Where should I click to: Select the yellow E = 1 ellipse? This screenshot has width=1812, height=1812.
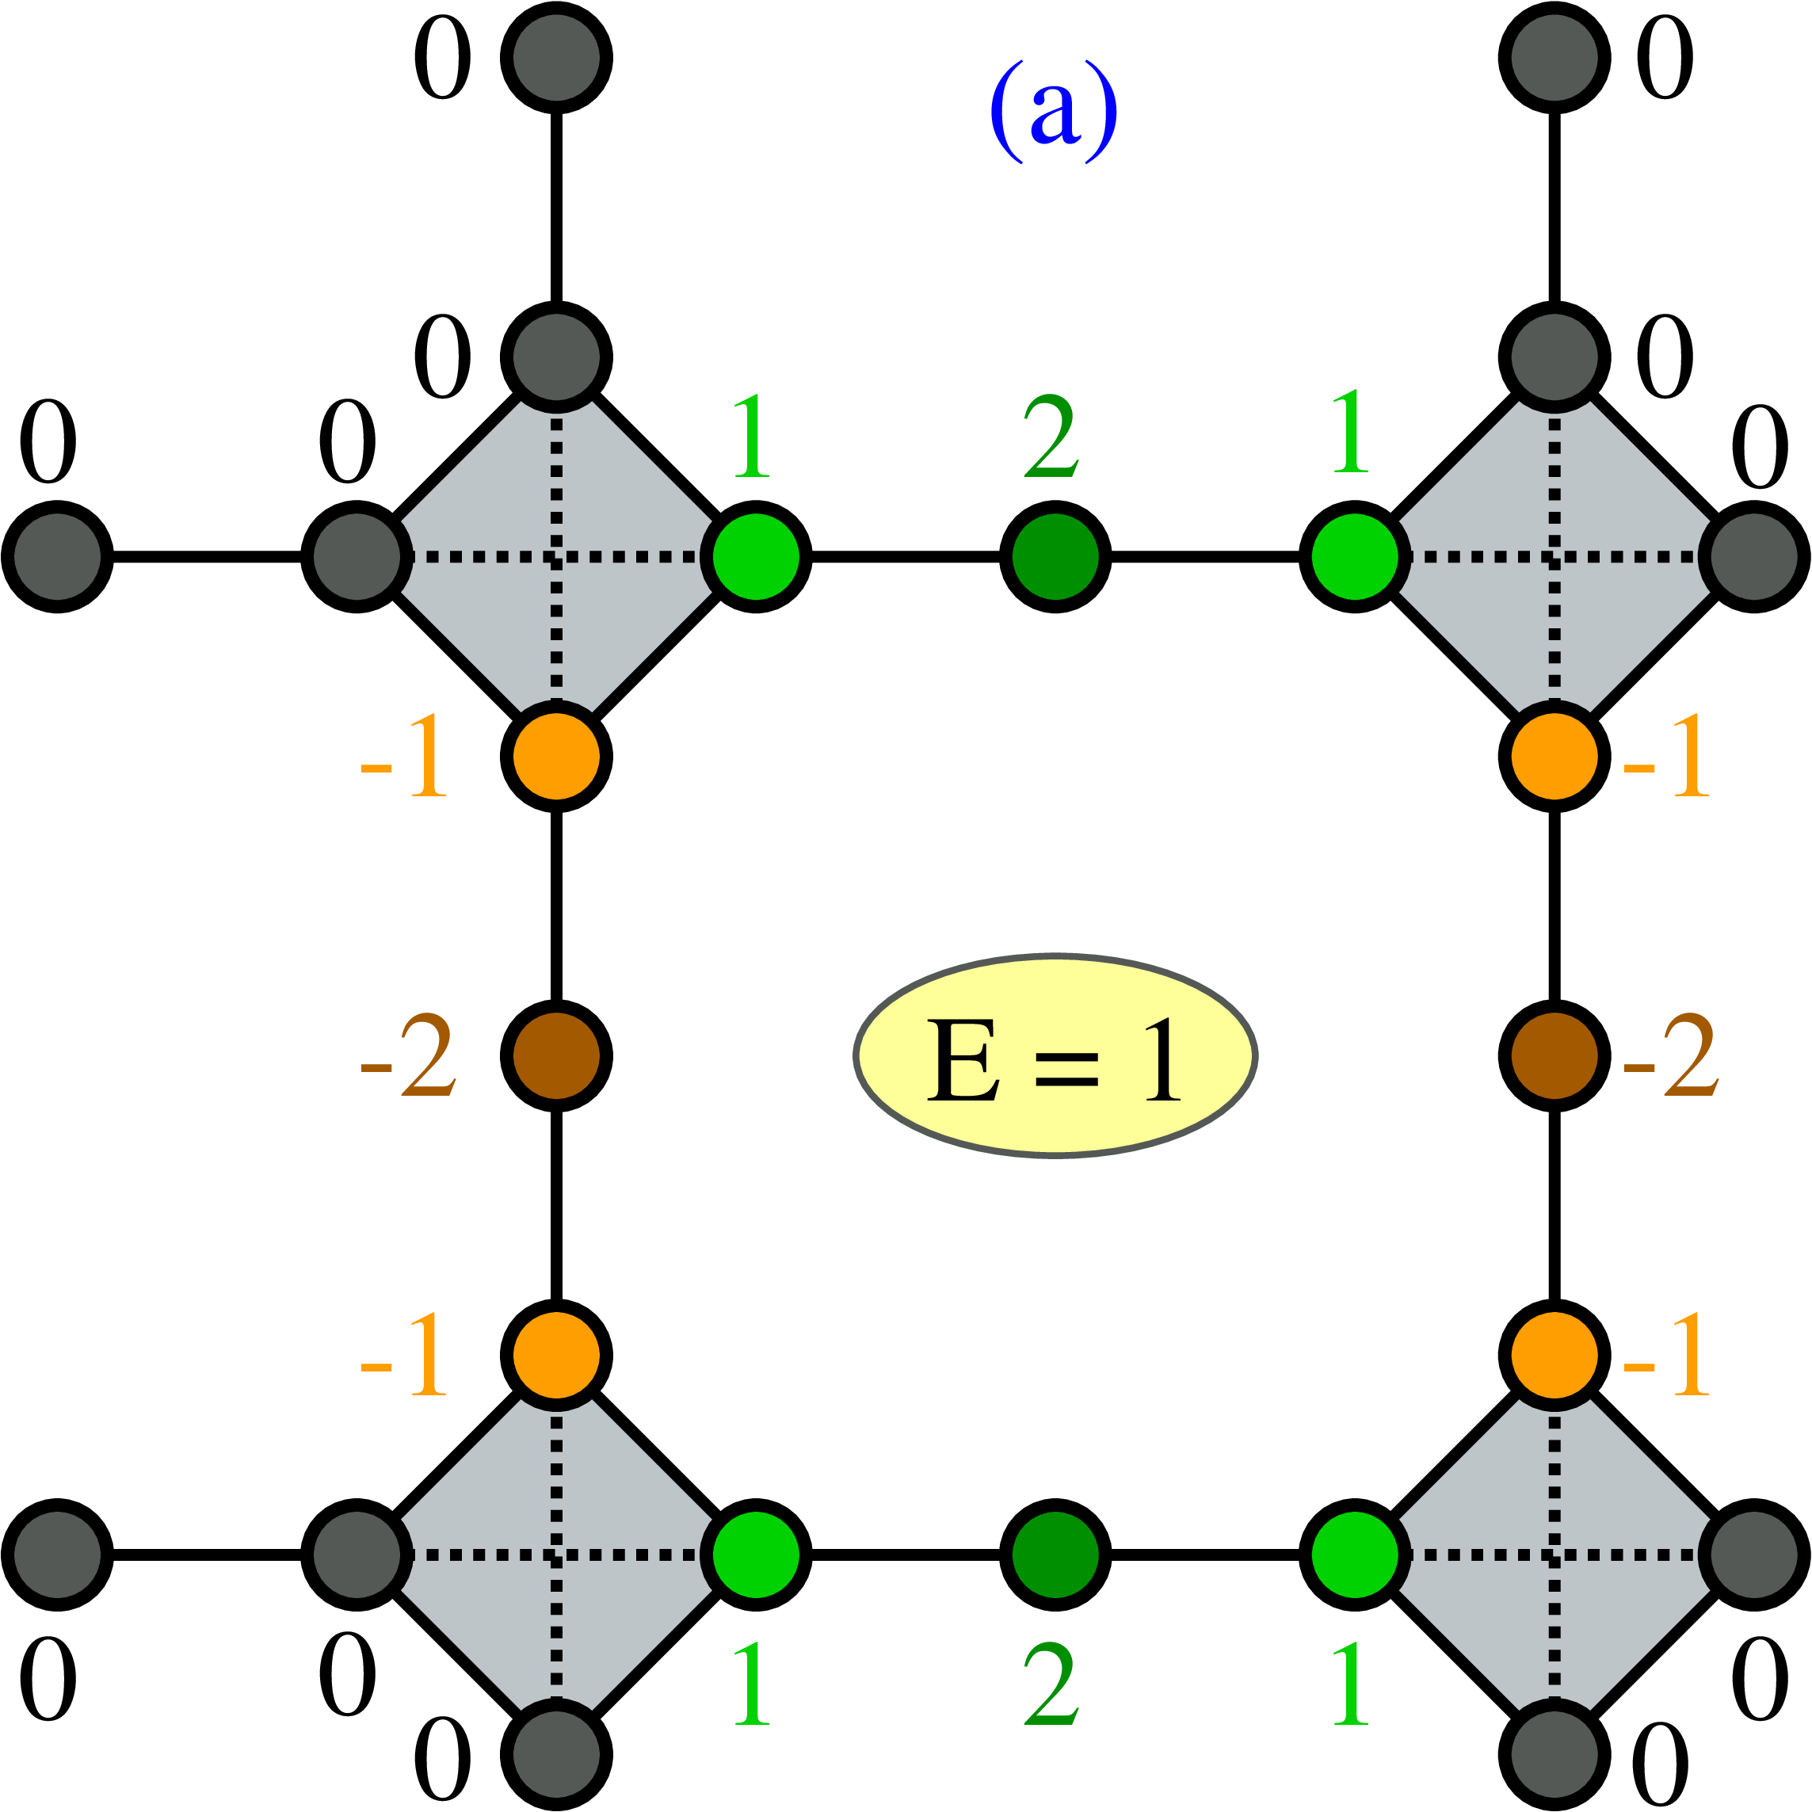tap(1055, 1056)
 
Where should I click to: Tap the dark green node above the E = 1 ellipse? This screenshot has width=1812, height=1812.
tap(1055, 556)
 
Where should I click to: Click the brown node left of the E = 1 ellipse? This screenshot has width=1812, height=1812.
tap(556, 1056)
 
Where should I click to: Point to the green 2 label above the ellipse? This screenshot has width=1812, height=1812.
tap(1051, 437)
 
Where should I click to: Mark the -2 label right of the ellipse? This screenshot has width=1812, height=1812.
tap(1670, 1056)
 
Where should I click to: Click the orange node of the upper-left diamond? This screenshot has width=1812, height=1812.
tap(556, 756)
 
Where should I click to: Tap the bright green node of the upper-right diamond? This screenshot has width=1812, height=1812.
tap(1354, 556)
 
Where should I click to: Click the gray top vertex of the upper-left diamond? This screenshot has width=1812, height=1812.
tap(556, 357)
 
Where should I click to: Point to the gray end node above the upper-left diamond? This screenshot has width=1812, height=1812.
tap(556, 57)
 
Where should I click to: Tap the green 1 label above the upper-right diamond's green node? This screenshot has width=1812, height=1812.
tap(1351, 433)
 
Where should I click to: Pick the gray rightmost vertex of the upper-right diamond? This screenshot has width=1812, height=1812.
tap(1755, 556)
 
